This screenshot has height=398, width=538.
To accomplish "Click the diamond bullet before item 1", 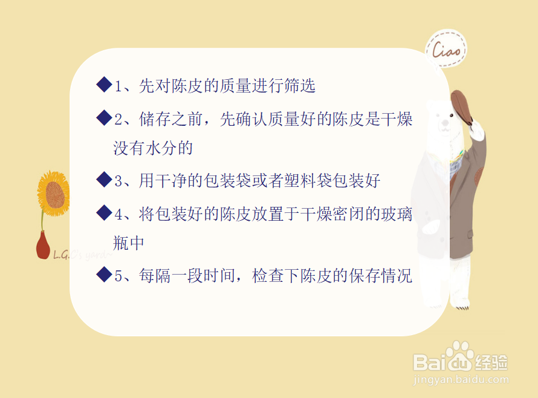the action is (x=105, y=85).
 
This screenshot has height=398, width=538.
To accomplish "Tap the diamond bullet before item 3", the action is (x=105, y=180).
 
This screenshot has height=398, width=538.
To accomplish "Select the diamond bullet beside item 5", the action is (x=105, y=275).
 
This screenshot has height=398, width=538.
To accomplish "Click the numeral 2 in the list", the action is (x=118, y=120).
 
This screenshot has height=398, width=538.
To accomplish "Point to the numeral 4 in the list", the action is (x=118, y=215).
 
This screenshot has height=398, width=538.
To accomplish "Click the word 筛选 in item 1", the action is (x=299, y=85).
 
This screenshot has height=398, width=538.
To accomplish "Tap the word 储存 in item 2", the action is (x=155, y=119).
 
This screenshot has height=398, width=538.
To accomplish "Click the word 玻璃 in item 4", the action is (x=397, y=214).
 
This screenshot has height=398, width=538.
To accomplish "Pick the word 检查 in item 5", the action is (x=268, y=275).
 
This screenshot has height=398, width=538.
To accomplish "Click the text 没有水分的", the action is (x=153, y=148).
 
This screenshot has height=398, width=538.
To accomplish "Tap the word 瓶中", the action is (x=129, y=243).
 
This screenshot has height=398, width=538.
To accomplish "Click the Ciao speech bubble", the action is (x=446, y=49).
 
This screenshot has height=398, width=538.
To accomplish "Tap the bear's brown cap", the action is (x=461, y=106).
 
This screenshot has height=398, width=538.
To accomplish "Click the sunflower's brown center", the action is (x=55, y=195).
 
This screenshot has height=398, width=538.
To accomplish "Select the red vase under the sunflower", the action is (x=43, y=245).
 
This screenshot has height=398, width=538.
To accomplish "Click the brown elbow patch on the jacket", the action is (x=478, y=175).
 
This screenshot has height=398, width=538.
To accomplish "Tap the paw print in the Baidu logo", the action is (x=459, y=356).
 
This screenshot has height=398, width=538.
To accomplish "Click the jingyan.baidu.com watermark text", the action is (x=461, y=379).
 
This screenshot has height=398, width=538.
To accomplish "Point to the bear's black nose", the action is (x=445, y=123).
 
